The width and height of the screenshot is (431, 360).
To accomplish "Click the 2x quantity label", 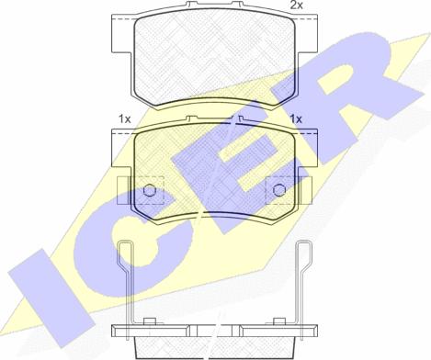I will pos(297,6).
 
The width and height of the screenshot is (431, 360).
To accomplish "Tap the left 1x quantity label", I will pos(125,118).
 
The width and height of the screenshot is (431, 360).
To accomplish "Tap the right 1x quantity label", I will pos(296,118).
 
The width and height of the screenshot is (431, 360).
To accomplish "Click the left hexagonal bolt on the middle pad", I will pos(149,191).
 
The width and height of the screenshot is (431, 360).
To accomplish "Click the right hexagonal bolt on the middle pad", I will pos(278,191).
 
